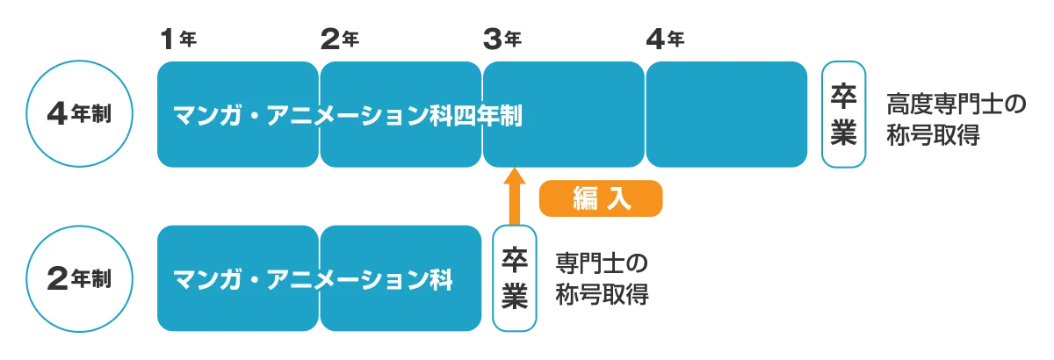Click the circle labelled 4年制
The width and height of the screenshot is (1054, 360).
79,115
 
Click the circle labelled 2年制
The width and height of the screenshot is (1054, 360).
79,279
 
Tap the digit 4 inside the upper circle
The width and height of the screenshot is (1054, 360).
58,115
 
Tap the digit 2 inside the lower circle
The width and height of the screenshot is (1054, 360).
58,279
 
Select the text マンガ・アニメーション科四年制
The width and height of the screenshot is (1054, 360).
348,115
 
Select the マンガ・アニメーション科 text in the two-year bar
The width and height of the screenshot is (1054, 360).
313,280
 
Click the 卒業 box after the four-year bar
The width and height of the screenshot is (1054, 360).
843,114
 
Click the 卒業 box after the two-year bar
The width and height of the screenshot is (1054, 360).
514,278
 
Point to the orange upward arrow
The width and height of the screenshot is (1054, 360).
514,195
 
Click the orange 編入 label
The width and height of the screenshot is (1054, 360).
600,199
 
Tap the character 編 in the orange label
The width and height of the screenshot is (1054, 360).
584,199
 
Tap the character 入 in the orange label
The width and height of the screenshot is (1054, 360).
618,199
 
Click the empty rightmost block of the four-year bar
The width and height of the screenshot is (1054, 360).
726,115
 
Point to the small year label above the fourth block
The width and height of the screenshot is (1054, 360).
667,38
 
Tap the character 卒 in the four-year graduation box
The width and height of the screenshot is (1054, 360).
843,97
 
